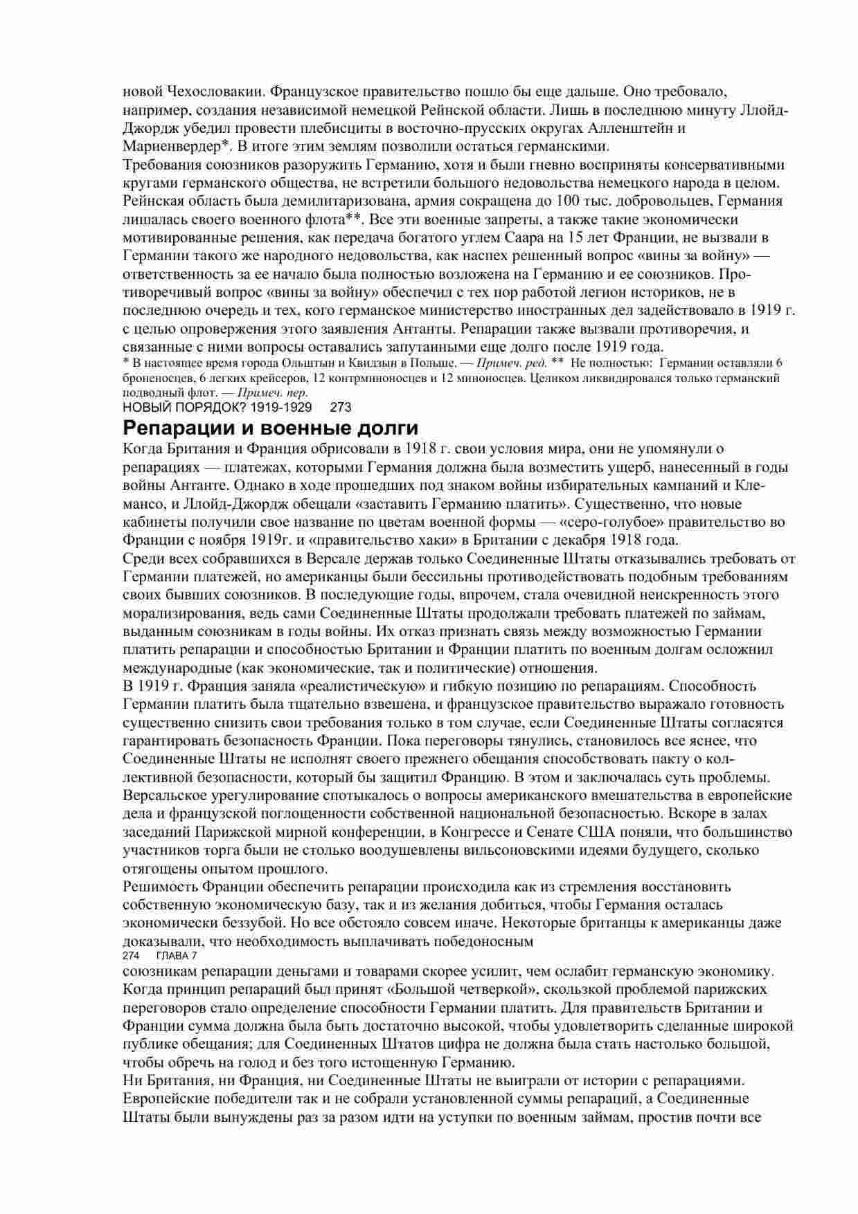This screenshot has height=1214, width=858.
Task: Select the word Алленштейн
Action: tap(632, 128)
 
